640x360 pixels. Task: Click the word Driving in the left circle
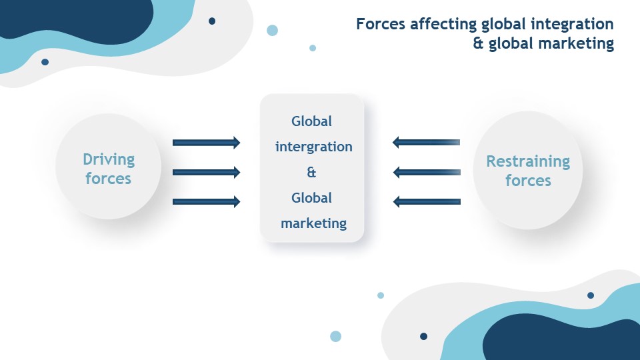click(x=109, y=159)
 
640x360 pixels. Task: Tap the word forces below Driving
click(x=108, y=179)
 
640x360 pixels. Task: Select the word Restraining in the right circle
click(x=528, y=161)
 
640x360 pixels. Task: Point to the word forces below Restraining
click(x=528, y=181)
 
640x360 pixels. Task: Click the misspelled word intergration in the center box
click(x=313, y=147)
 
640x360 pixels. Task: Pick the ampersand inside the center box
click(x=311, y=172)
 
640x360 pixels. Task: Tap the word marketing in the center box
click(x=313, y=223)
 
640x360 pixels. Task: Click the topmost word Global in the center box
click(x=311, y=121)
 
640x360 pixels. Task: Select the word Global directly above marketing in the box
click(x=311, y=198)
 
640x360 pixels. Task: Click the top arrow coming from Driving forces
click(x=206, y=143)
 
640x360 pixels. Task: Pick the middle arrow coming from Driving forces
click(x=206, y=172)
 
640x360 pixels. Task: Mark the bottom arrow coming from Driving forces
click(x=206, y=201)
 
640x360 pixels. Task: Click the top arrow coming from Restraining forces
click(x=426, y=142)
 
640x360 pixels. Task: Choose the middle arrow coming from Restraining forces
click(x=427, y=172)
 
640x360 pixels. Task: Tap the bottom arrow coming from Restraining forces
click(x=427, y=201)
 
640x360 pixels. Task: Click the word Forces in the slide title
click(x=381, y=24)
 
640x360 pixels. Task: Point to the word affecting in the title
click(x=443, y=25)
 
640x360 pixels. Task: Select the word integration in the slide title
click(x=572, y=25)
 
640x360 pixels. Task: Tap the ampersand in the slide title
click(x=478, y=43)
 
